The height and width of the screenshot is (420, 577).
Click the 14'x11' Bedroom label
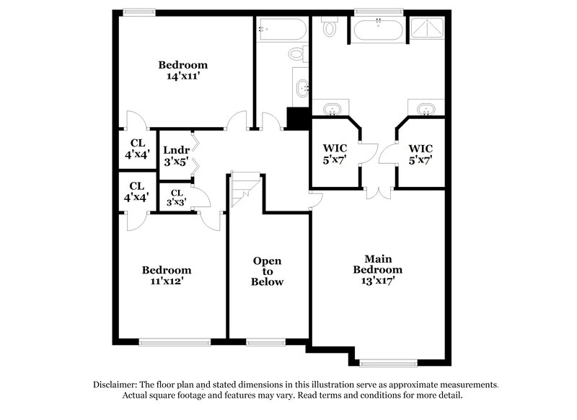[182, 70]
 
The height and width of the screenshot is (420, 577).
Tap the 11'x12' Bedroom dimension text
[167, 281]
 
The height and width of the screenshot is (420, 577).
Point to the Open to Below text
[267, 271]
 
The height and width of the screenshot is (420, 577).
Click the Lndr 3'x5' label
[175, 157]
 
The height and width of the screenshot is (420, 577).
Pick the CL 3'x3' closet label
[176, 198]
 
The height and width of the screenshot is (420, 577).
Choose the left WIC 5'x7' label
[339, 154]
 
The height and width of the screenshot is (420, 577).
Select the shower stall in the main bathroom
[427, 30]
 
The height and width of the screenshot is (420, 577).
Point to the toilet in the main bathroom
[330, 27]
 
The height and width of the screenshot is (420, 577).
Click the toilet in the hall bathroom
[296, 53]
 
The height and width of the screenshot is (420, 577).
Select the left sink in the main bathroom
[332, 109]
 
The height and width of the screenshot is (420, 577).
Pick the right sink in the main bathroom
[426, 109]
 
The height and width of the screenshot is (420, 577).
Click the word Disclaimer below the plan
[115, 385]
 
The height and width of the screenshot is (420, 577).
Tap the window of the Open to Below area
[267, 341]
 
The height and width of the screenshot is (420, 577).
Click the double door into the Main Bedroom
[379, 191]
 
